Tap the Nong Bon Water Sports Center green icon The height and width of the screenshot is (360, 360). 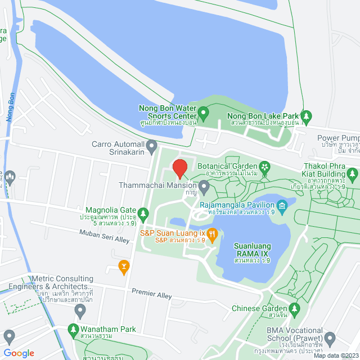(204, 113)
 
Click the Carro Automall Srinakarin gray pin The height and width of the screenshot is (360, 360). (151, 148)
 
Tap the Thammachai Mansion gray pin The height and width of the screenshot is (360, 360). (204, 185)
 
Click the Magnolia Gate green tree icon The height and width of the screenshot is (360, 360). (143, 214)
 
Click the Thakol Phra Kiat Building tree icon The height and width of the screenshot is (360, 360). (353, 175)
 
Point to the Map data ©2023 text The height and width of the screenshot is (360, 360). (335, 355)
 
